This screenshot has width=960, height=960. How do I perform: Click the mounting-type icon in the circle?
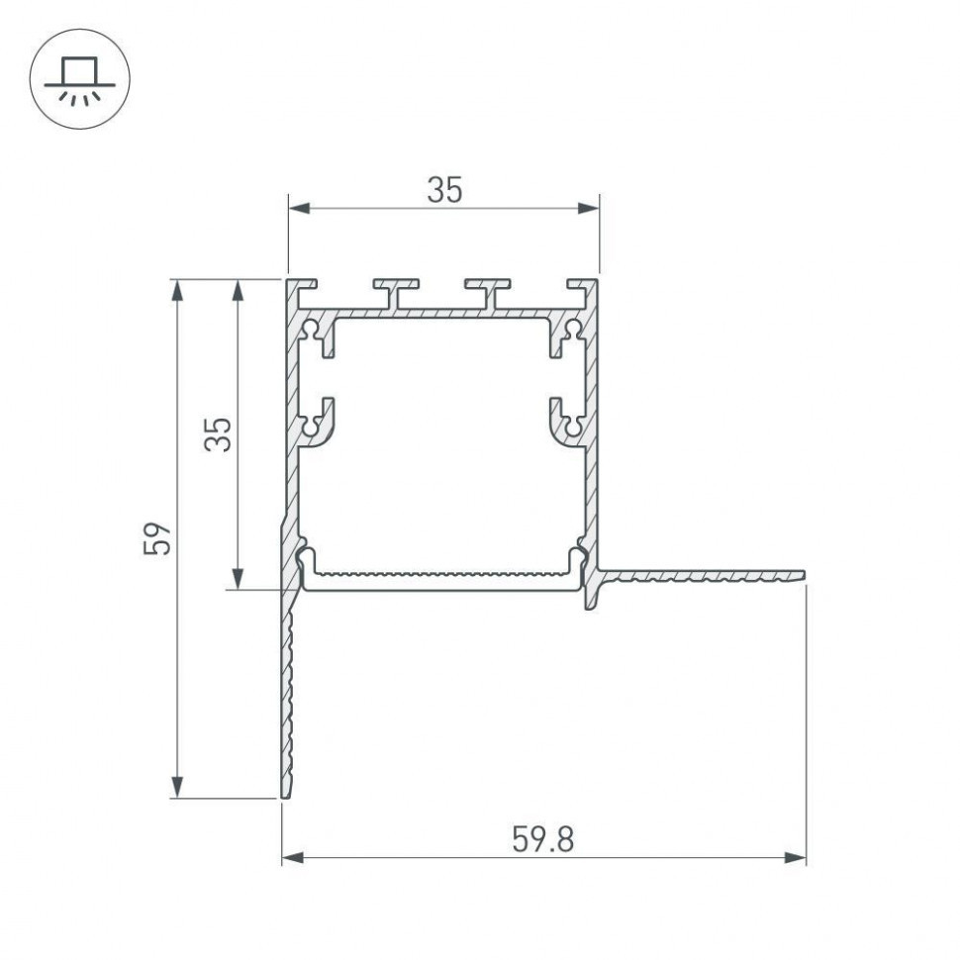click(x=76, y=79)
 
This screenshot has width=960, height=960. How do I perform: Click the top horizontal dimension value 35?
click(x=444, y=190)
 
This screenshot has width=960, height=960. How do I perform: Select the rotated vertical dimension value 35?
click(x=220, y=434)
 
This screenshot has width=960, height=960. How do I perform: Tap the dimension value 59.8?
click(x=542, y=840)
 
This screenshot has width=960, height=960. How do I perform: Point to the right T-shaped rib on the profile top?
click(x=489, y=291)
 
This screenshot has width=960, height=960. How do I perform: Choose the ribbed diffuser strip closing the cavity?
click(x=440, y=578)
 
